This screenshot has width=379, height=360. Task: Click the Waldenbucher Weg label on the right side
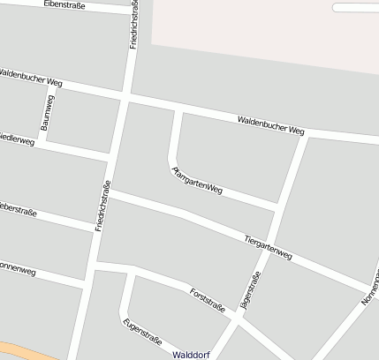[270, 124]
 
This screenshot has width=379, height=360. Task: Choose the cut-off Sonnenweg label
[17, 268]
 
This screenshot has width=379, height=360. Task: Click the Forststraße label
[208, 299]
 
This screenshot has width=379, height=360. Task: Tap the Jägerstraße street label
[250, 294]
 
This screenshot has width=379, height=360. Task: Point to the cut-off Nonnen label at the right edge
[370, 287]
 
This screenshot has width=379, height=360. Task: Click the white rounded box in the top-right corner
[355, 7]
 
